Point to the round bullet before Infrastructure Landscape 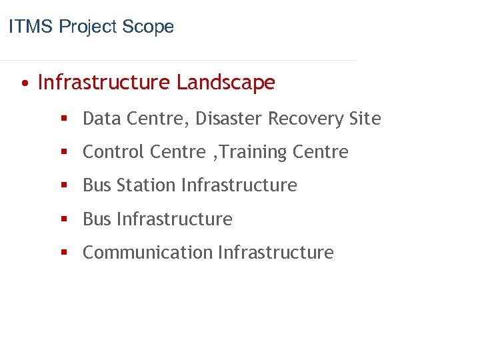click(24, 84)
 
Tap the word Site click(365, 119)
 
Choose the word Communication click(147, 253)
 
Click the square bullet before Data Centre click(65, 119)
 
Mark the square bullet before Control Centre click(65, 153)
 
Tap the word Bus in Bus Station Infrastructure click(97, 185)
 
